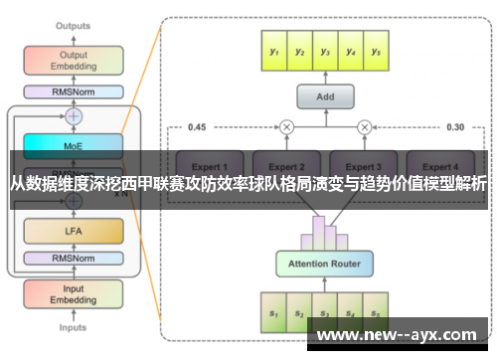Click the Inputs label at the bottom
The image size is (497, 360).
click(73, 327)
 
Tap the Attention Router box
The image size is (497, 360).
click(325, 264)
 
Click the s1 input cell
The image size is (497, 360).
click(272, 310)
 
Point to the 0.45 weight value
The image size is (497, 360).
click(197, 127)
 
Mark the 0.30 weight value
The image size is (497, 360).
click(454, 127)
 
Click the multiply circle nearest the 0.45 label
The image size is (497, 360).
click(286, 126)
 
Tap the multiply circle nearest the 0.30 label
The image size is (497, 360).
click(364, 126)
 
